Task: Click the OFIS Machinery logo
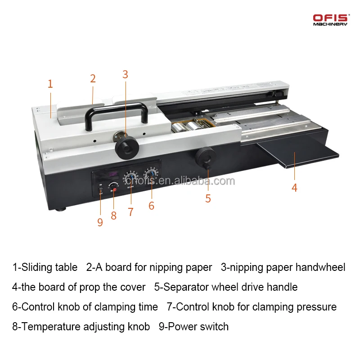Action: tap(330, 19)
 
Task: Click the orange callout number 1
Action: tap(50, 84)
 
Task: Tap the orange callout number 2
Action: tap(93, 79)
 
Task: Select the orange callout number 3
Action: tap(125, 75)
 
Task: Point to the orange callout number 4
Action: tap(294, 188)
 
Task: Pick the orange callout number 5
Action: tap(208, 198)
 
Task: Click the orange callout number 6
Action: tap(151, 206)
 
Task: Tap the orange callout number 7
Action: tap(130, 212)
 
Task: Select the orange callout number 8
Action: tap(113, 216)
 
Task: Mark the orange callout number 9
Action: tap(100, 222)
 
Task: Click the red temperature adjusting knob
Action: tap(114, 190)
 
